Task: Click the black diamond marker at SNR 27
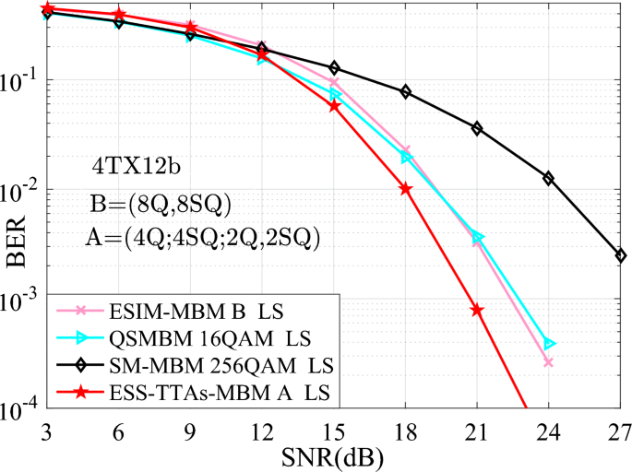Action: coord(621,255)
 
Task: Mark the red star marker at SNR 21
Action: coord(477,310)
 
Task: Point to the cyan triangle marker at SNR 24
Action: coord(550,344)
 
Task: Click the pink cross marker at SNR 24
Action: coord(548,362)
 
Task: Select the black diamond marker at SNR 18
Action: coord(405,92)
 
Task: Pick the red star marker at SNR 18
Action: coord(405,189)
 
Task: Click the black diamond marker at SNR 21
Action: coord(477,128)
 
